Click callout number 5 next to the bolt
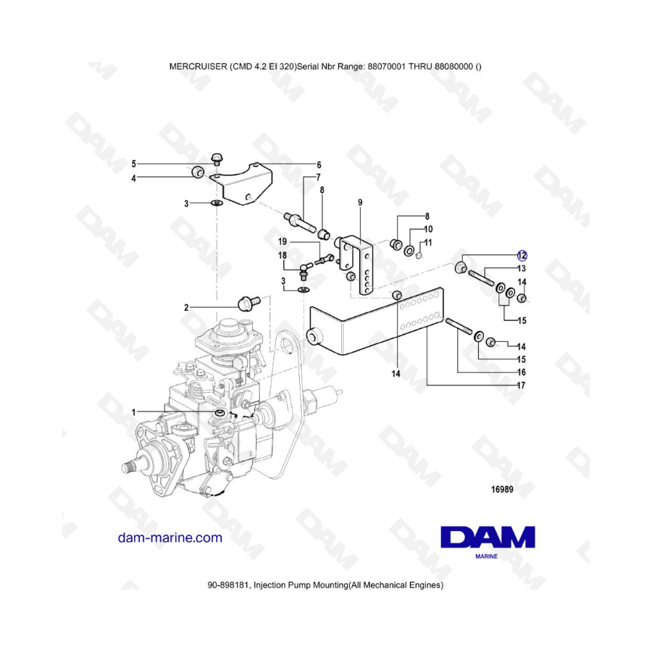click(x=134, y=164)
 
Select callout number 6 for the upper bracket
click(x=319, y=164)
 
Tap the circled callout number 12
click(x=522, y=255)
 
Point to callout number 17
click(x=521, y=385)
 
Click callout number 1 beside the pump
click(x=134, y=412)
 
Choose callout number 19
click(x=283, y=241)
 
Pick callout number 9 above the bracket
click(x=360, y=203)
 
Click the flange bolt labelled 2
click(x=248, y=302)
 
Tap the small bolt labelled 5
click(x=216, y=159)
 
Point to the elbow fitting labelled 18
click(x=305, y=270)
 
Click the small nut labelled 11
click(x=419, y=255)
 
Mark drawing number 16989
click(x=502, y=490)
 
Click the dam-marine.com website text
click(x=170, y=538)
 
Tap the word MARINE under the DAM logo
click(x=486, y=556)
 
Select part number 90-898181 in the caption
click(x=229, y=585)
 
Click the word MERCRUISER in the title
click(x=198, y=67)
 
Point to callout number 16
click(x=521, y=372)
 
